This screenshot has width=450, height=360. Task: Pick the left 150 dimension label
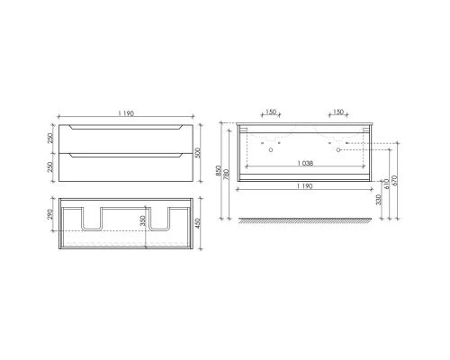[x=269, y=113]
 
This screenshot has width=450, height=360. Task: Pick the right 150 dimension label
[x=338, y=113]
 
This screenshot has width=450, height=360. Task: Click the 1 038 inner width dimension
[x=304, y=162]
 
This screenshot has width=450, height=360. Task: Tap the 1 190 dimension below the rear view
[x=304, y=184]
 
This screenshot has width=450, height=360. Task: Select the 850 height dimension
[x=220, y=169]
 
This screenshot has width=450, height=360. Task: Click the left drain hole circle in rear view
[x=270, y=150]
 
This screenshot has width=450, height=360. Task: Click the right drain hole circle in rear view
[x=338, y=150]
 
